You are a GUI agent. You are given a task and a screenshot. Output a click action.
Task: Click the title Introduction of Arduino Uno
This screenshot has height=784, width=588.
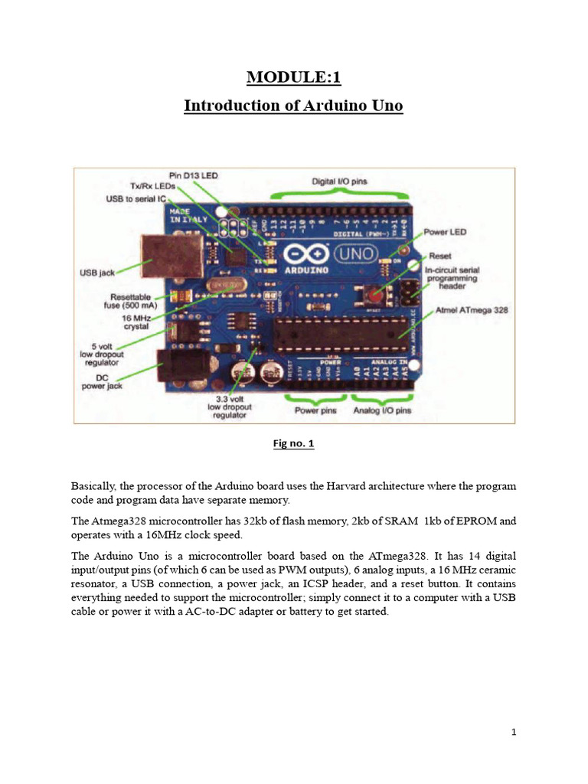pos(293,106)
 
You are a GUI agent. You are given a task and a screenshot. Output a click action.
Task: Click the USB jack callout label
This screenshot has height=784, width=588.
pos(98,272)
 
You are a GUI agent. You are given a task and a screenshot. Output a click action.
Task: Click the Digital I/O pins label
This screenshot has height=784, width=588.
pos(339,181)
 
